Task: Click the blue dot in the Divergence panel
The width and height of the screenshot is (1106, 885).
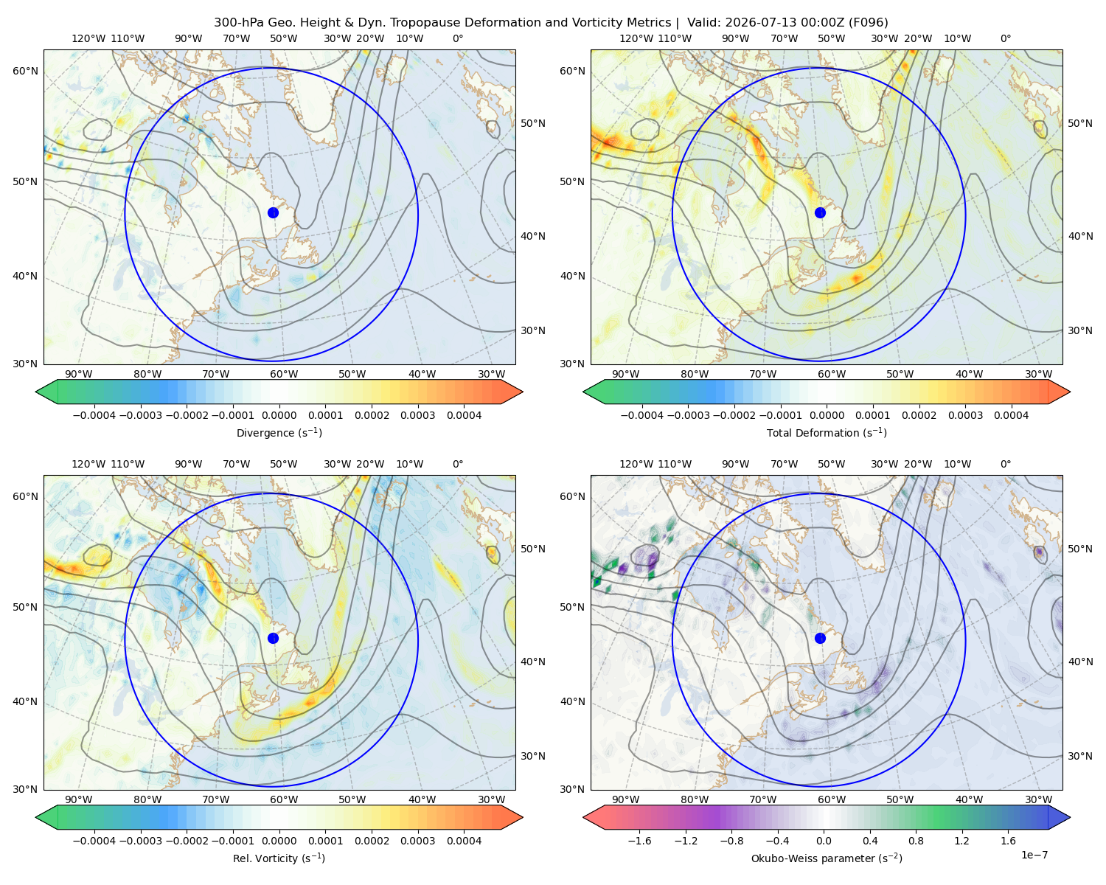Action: [273, 212]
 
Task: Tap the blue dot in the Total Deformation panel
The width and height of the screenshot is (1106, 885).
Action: [820, 212]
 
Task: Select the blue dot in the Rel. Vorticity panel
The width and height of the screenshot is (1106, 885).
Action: [273, 638]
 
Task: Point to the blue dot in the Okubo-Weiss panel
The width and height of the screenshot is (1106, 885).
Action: [820, 638]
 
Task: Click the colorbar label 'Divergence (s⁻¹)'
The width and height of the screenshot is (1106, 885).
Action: [279, 432]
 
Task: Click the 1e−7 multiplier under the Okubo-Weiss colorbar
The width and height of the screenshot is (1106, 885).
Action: [1034, 855]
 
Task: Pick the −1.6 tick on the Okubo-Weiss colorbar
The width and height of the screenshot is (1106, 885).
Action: [639, 840]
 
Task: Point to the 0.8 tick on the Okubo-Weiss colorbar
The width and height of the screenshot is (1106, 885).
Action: [916, 840]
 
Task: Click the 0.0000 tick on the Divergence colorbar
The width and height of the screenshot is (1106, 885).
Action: [279, 415]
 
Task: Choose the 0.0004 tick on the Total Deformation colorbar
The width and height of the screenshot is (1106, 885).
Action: [1012, 415]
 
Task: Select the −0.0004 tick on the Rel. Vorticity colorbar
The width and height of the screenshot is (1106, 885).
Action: [94, 840]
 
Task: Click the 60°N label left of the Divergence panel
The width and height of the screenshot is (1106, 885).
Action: [25, 71]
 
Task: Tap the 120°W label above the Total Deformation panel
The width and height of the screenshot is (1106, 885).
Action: [636, 38]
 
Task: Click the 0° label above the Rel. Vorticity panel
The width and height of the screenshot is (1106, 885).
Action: [458, 464]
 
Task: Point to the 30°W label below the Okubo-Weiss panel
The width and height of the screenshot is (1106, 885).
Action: [1039, 799]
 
